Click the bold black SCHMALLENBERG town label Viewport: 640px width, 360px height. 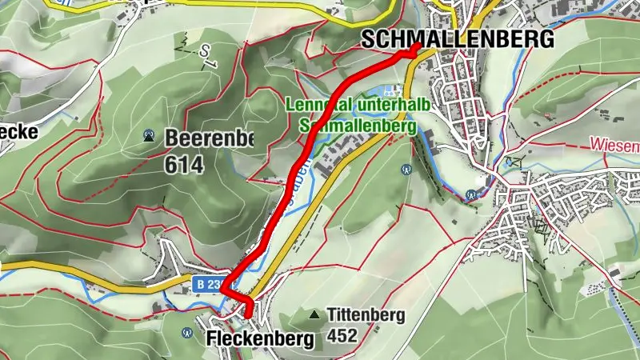pyautogui.click(x=458, y=38)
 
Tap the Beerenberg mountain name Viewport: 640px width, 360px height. pyautogui.click(x=209, y=138)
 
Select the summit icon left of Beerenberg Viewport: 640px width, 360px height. pyautogui.click(x=149, y=137)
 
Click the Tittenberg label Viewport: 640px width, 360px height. pyautogui.click(x=366, y=315)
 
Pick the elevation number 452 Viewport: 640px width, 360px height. pyautogui.click(x=342, y=336)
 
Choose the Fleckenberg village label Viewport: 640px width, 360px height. pyautogui.click(x=259, y=339)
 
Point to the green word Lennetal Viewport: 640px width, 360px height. pyautogui.click(x=317, y=106)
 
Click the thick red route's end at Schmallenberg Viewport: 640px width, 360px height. pyautogui.click(x=416, y=49)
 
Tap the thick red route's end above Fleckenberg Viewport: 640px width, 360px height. pyautogui.click(x=248, y=315)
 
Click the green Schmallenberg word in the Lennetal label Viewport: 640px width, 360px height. pyautogui.click(x=358, y=126)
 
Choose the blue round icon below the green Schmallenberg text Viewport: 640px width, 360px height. pyautogui.click(x=406, y=169)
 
